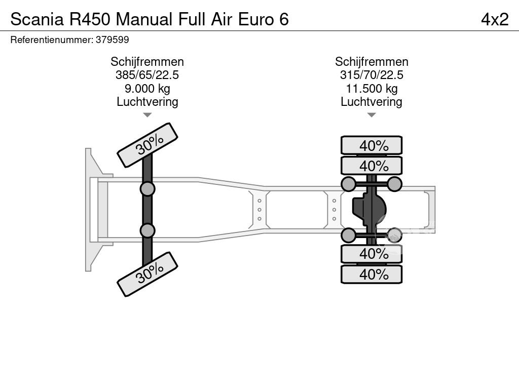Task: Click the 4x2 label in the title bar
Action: click(x=494, y=19)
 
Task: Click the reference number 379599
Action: click(x=112, y=40)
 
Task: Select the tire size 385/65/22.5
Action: click(x=147, y=75)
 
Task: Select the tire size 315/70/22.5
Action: click(x=372, y=75)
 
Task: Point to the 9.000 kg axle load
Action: click(x=147, y=88)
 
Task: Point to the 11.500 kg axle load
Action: click(x=372, y=88)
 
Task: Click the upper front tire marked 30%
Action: click(x=147, y=145)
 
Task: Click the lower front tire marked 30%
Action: click(x=147, y=274)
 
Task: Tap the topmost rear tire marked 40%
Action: click(x=372, y=145)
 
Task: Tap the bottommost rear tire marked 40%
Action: click(x=372, y=274)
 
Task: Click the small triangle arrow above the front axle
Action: click(x=147, y=115)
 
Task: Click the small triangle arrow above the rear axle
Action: click(x=372, y=115)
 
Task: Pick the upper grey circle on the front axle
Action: click(x=147, y=189)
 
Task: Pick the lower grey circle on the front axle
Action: click(x=147, y=230)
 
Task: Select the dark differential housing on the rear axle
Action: click(x=368, y=209)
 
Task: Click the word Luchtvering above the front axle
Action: click(x=147, y=101)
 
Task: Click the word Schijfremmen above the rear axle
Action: click(x=372, y=62)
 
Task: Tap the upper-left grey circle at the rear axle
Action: click(x=348, y=184)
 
